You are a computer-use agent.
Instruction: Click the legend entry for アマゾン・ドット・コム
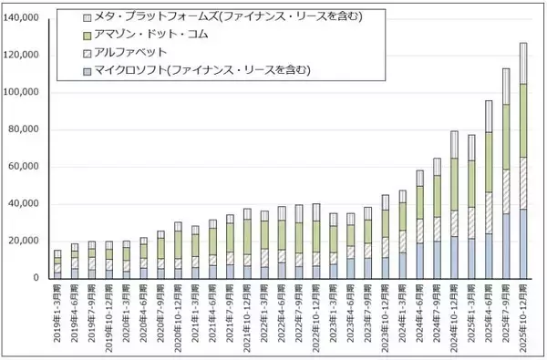coord(155,35)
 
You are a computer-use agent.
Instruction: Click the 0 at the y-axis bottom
coord(41,278)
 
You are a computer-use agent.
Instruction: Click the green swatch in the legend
coord(88,35)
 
